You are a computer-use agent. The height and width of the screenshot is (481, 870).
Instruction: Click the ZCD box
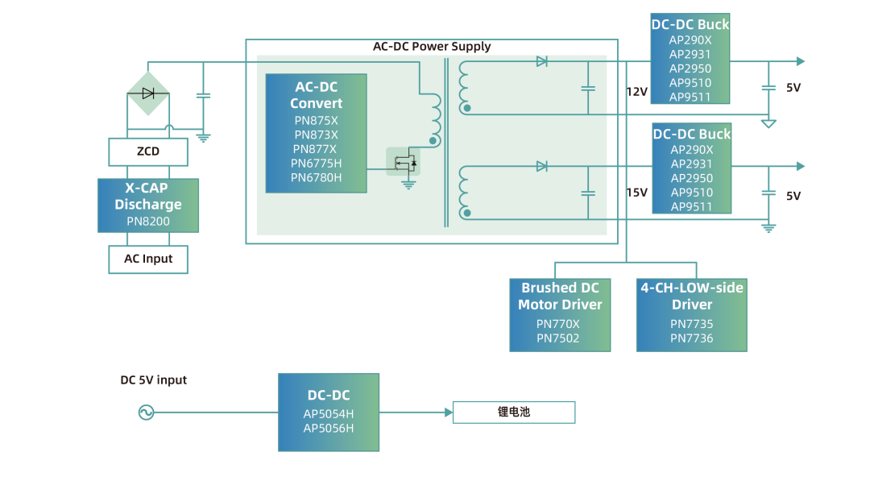(148, 151)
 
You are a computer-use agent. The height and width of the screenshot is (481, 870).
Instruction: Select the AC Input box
(148, 259)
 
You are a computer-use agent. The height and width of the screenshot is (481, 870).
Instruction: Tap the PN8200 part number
(148, 221)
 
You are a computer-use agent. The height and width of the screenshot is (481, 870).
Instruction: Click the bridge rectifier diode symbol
(148, 93)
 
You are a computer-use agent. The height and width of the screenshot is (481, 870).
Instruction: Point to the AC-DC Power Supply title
(431, 47)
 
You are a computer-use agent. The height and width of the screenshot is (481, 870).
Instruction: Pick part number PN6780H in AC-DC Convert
(317, 177)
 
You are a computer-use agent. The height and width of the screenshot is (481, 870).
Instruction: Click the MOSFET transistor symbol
(404, 162)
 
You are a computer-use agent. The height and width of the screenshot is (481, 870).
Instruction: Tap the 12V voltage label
(636, 92)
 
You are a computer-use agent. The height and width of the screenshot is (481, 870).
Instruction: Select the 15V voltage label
(636, 193)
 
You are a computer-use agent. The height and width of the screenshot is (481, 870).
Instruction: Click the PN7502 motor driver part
(558, 338)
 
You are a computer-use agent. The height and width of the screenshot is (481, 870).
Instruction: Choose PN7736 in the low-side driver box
(692, 338)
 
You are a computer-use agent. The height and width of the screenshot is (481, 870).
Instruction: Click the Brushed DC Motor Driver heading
(560, 296)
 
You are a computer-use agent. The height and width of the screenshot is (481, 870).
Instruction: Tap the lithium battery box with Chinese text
(514, 413)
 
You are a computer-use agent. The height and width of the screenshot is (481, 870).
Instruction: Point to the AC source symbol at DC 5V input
(146, 413)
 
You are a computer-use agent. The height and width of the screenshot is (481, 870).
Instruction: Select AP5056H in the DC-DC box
(329, 429)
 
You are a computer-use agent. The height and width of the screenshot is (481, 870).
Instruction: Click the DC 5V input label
(154, 380)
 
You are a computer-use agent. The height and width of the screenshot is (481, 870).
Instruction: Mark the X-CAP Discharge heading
(148, 197)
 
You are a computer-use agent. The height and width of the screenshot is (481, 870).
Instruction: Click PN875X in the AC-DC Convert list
(317, 121)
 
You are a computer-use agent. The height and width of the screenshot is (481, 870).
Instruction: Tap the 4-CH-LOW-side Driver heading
(692, 296)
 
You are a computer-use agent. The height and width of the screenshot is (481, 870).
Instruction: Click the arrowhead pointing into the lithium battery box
(448, 413)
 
